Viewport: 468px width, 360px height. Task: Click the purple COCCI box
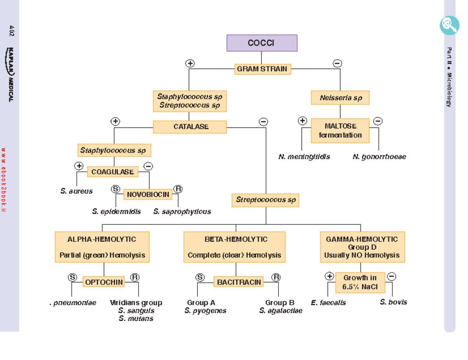(x=262, y=43)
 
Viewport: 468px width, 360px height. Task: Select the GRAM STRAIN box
(x=262, y=69)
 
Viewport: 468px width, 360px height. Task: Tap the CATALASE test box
(x=190, y=127)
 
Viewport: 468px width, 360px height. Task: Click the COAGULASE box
(x=113, y=172)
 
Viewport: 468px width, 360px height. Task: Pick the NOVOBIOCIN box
(x=148, y=194)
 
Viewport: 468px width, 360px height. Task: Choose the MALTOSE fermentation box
(x=340, y=131)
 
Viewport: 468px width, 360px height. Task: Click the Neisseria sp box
(x=340, y=98)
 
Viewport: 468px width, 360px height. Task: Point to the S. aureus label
(x=76, y=191)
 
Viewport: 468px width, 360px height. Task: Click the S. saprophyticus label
(x=182, y=212)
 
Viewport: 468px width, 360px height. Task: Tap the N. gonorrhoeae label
(x=379, y=157)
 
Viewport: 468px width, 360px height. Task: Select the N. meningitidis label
(x=304, y=157)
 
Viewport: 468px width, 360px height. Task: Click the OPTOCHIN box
(x=104, y=282)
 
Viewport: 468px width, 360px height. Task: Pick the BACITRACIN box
(x=239, y=282)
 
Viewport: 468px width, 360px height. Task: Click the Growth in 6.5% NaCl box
(x=360, y=282)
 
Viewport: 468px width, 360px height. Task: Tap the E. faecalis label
(x=328, y=302)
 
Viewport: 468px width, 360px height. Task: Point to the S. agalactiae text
(x=280, y=311)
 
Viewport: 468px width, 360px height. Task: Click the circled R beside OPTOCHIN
(x=135, y=277)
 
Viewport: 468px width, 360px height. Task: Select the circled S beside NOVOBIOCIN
(x=115, y=189)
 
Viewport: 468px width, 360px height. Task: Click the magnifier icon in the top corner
(x=449, y=25)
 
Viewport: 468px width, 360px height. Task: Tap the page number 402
(x=11, y=31)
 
